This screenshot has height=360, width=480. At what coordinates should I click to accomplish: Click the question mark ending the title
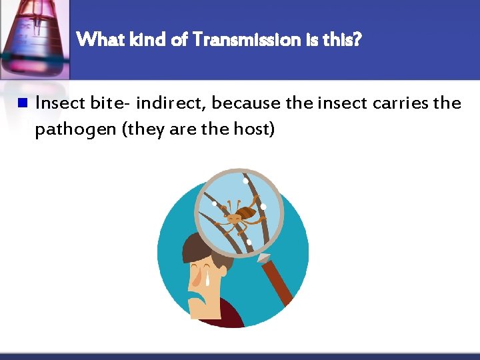click(358, 40)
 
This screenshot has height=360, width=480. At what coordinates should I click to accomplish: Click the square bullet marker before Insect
click(22, 103)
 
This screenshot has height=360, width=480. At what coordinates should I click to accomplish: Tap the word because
click(247, 103)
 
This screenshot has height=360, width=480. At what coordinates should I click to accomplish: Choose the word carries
click(399, 103)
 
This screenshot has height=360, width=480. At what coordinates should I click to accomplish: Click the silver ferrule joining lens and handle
click(263, 257)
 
